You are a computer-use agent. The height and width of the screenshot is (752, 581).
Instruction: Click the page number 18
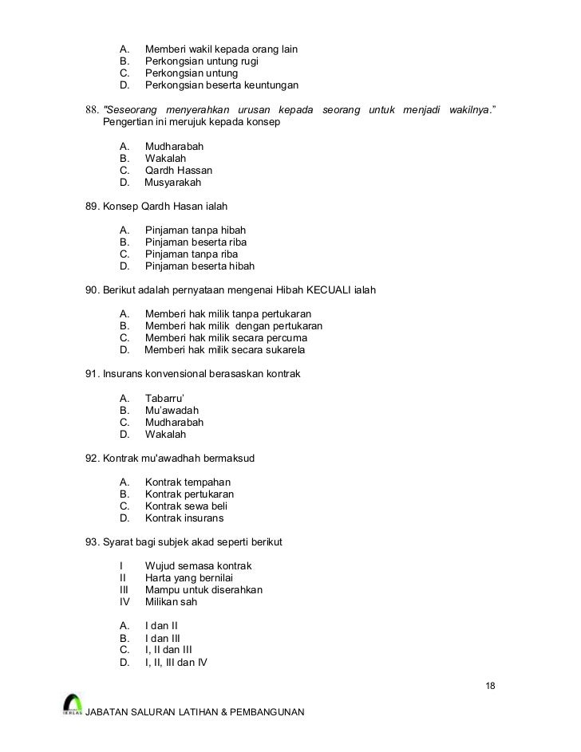tap(490, 687)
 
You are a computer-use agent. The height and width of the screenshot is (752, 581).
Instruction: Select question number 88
tap(93, 109)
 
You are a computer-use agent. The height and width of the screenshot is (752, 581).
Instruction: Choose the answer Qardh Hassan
tap(178, 171)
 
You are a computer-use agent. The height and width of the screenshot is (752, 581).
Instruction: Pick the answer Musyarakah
tap(172, 183)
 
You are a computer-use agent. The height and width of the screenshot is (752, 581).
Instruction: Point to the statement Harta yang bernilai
tap(189, 578)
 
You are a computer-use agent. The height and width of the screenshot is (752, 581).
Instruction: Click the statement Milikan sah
tap(171, 602)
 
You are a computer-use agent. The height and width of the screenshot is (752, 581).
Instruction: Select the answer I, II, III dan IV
tap(176, 662)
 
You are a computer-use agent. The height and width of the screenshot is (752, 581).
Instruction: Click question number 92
tap(93, 459)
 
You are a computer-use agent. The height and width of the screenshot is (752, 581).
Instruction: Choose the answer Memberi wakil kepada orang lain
tap(221, 49)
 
